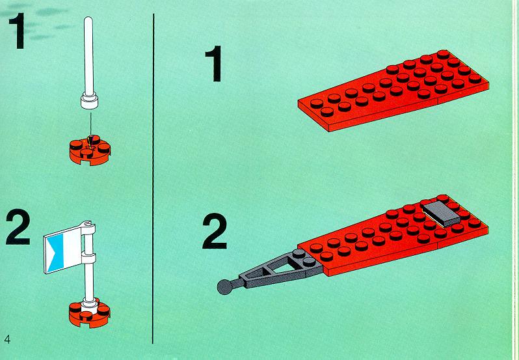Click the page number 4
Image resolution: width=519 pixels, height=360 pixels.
click(7, 339)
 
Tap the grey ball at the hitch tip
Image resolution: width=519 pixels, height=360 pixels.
click(226, 287)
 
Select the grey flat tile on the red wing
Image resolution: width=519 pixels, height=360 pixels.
click(442, 214)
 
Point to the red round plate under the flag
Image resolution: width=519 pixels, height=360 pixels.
click(89, 314)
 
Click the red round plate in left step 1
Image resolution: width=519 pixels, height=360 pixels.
click(90, 150)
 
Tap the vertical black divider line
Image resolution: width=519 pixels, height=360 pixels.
click(153, 178)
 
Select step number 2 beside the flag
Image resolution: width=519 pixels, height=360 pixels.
click(18, 229)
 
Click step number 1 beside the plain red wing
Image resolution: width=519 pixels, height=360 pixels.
click(214, 63)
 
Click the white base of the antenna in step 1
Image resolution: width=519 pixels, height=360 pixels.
click(89, 101)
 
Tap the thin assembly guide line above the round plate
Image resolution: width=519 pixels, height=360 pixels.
click(90, 125)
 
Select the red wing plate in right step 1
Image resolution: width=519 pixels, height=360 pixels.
click(393, 90)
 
